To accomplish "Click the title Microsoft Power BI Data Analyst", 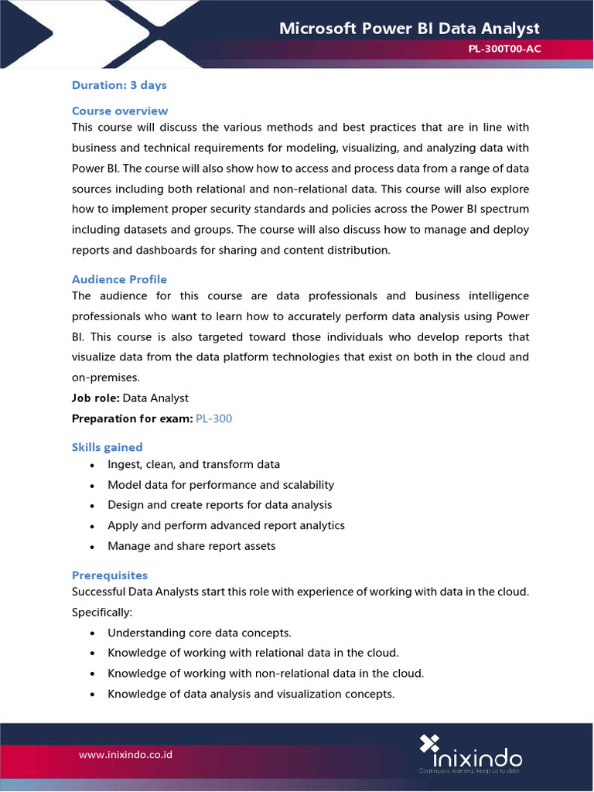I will click(409, 29).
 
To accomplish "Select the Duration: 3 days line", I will click(119, 85).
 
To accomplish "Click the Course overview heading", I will click(120, 111).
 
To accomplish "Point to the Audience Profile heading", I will click(119, 279).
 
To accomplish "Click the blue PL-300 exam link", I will click(213, 418).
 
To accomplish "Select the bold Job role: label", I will click(95, 398).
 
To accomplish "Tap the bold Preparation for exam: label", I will click(131, 418).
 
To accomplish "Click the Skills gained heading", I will click(108, 447).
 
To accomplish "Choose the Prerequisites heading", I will click(110, 575).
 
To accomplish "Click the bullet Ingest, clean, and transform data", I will click(193, 465).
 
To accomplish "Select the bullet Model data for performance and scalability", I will click(220, 485).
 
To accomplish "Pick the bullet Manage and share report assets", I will click(191, 546).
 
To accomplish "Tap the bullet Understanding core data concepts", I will click(199, 633).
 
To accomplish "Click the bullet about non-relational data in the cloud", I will click(265, 673).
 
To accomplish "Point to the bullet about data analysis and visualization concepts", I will click(251, 694).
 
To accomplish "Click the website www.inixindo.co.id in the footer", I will click(125, 753).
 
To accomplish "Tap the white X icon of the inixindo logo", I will click(429, 744).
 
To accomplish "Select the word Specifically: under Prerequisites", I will click(102, 612).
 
